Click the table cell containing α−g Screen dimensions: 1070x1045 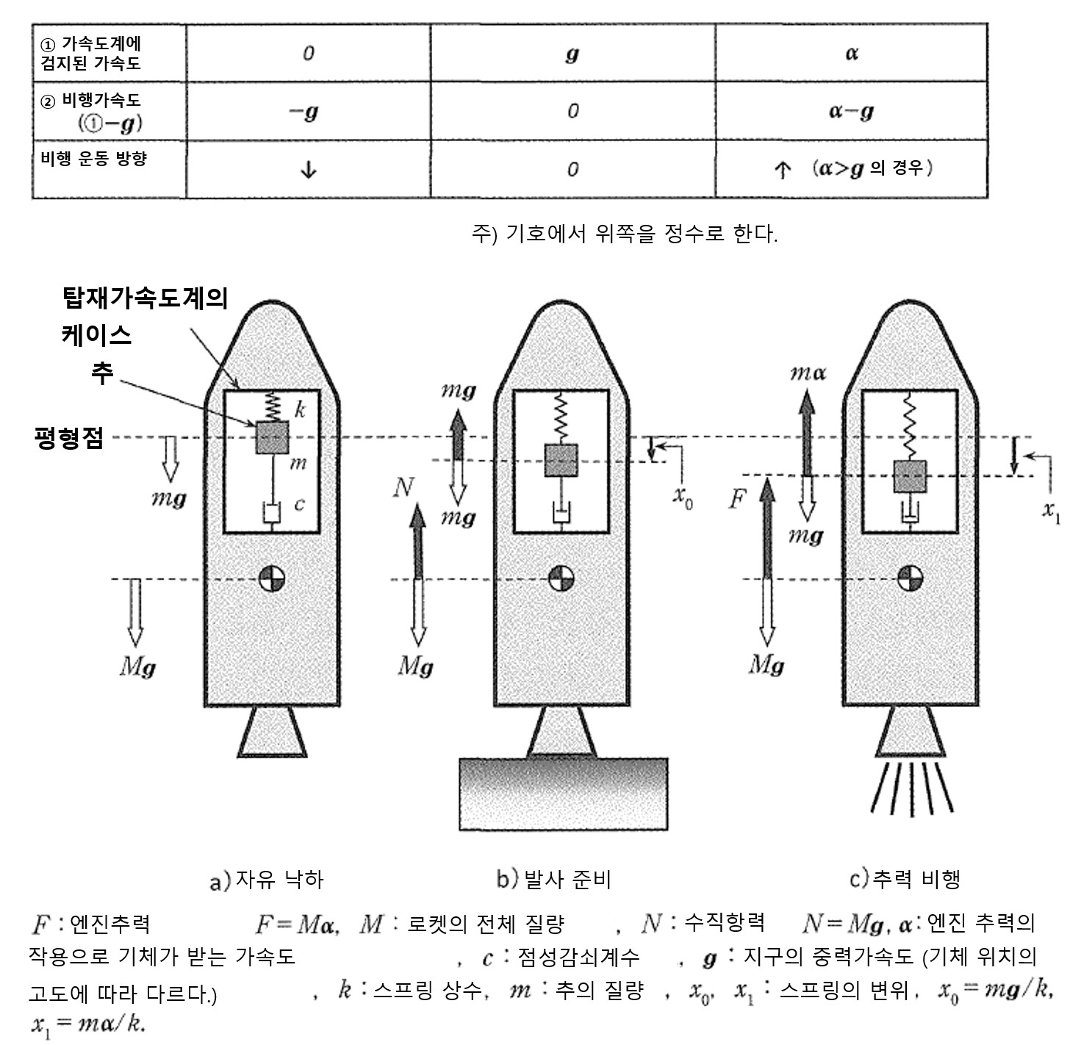pos(851,111)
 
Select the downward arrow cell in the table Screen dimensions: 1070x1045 pos(308,170)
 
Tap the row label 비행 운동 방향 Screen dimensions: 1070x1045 pos(93,158)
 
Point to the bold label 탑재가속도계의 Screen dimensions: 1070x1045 pos(145,298)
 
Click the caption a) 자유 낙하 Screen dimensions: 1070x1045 pos(266,879)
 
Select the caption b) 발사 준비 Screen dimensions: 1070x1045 pos(553,878)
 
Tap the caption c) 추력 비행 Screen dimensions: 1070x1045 pos(905,878)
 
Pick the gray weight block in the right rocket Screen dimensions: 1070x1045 pos(910,476)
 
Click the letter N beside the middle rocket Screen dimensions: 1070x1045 pos(403,486)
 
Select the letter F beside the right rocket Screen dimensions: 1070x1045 pos(736,500)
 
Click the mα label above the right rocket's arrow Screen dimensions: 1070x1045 pos(808,373)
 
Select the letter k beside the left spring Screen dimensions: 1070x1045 pos(300,410)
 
